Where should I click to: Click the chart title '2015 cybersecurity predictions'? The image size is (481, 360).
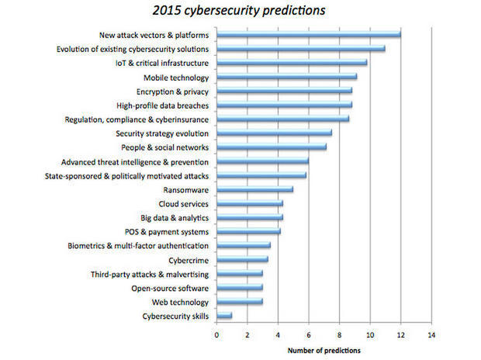(240, 11)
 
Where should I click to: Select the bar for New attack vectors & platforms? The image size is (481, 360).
(309, 34)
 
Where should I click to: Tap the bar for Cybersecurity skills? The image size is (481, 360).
(224, 316)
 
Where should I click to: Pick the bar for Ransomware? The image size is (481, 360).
(254, 189)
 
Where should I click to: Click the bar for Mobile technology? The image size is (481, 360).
(286, 77)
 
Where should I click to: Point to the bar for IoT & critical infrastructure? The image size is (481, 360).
(292, 63)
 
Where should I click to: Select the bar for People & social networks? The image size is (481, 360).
(272, 147)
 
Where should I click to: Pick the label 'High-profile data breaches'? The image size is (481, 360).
(162, 105)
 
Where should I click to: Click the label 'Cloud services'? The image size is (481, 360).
(183, 203)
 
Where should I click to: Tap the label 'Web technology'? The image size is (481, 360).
(180, 302)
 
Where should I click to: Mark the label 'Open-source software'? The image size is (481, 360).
(170, 288)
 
